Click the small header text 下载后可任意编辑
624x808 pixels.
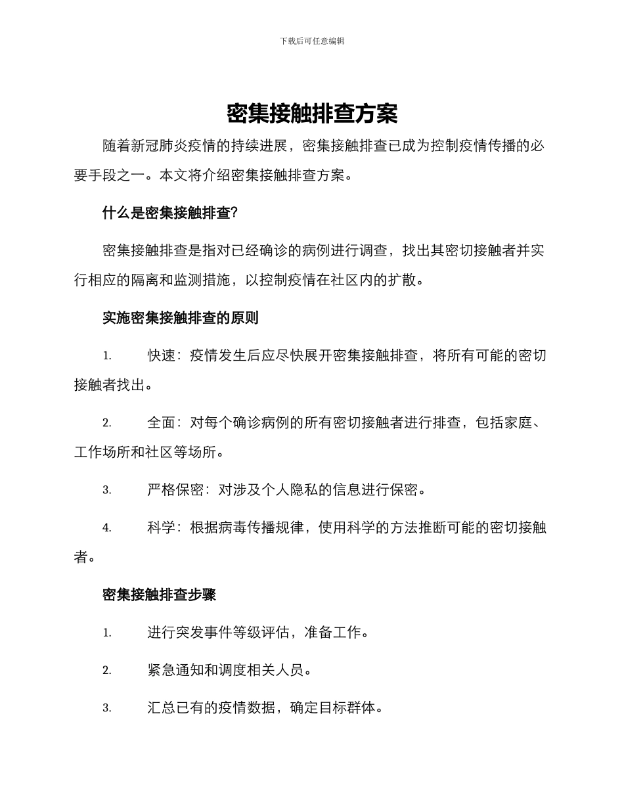tap(312, 41)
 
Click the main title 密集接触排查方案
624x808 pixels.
tap(312, 114)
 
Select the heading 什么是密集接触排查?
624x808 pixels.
tap(170, 213)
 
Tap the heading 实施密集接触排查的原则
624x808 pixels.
tap(181, 318)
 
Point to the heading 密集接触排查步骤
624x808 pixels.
tap(160, 595)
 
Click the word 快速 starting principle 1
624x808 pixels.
tap(162, 356)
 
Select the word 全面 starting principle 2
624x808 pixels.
tap(162, 422)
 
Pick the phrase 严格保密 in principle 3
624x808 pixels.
tap(176, 489)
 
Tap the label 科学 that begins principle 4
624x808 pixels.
tap(162, 527)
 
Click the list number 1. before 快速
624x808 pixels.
tap(106, 357)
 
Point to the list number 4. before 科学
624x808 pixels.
tap(106, 528)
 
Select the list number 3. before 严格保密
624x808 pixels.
tap(106, 490)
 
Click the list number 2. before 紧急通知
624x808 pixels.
tap(106, 671)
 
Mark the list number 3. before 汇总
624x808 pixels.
tap(106, 709)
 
